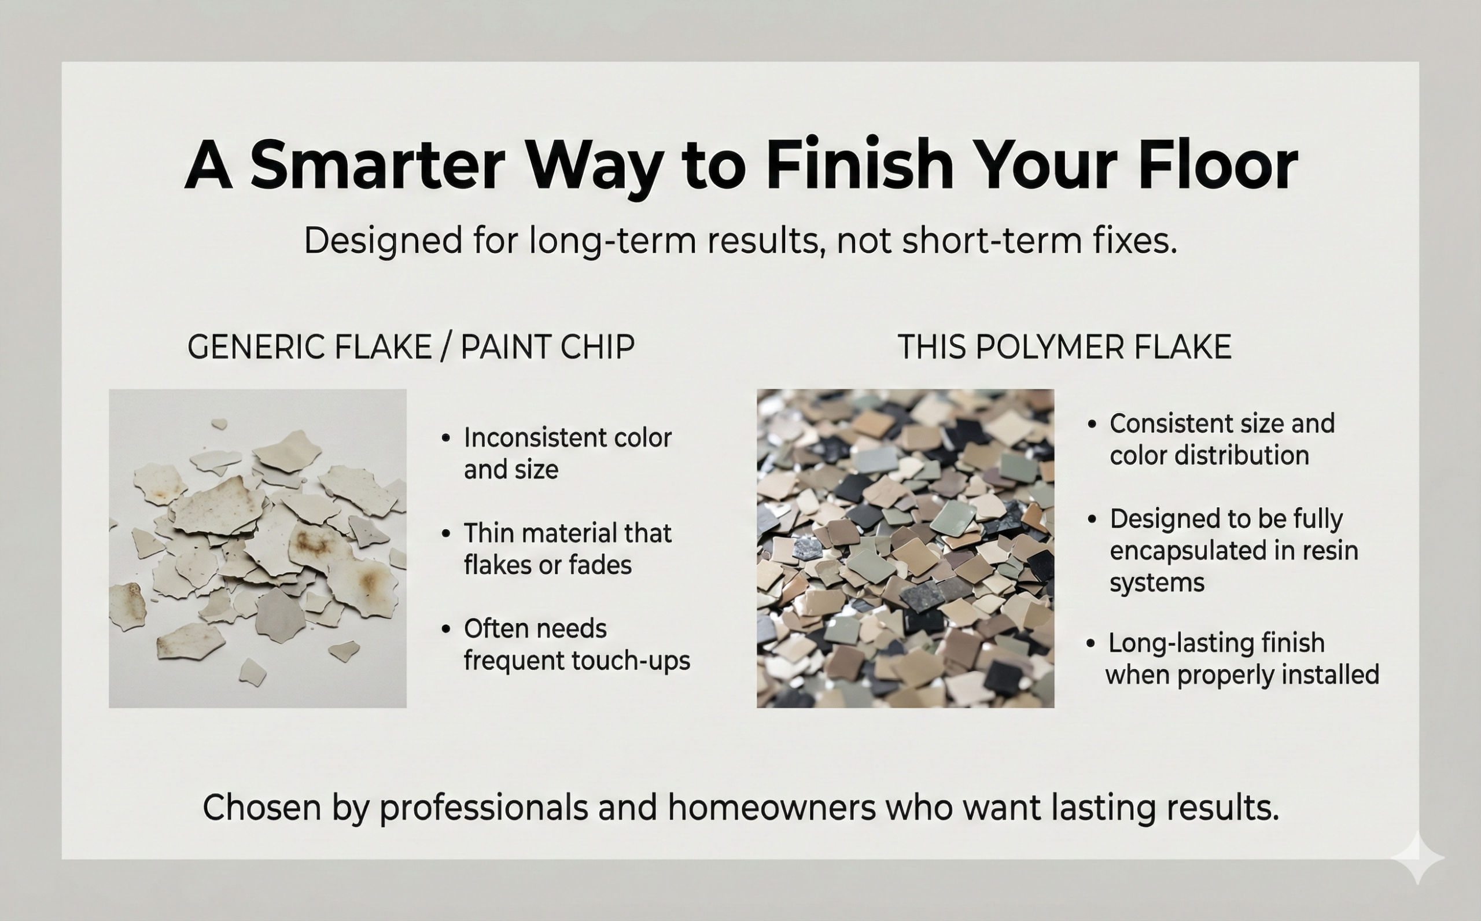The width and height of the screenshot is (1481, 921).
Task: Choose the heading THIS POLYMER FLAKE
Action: coord(1064,347)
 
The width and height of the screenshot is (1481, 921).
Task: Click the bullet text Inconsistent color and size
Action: coord(566,453)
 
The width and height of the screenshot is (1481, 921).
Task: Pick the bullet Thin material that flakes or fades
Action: coord(566,549)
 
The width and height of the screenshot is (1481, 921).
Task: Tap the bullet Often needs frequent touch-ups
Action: coord(576,644)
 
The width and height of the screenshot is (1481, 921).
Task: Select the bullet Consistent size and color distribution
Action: coord(1221,439)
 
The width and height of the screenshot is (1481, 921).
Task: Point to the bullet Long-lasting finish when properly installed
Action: coord(1241,658)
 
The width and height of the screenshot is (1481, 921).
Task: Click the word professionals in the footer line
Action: coord(484,808)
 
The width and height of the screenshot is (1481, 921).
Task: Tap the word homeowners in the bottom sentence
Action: coord(771,808)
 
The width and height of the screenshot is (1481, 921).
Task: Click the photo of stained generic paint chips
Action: coord(257,548)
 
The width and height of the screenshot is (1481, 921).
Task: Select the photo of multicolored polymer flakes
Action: coord(905,548)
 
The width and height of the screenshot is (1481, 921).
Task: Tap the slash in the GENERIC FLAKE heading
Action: coord(446,347)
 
